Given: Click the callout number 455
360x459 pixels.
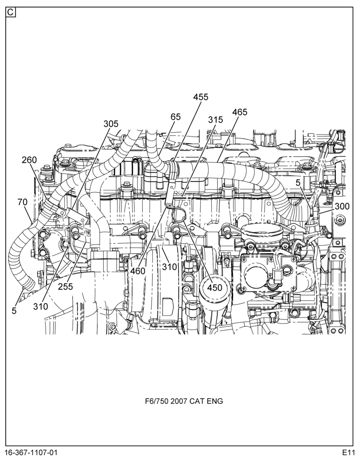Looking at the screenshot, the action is tap(201, 97).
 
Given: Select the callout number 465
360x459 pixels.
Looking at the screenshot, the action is tap(240, 112).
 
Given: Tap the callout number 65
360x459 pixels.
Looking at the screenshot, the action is tap(175, 117).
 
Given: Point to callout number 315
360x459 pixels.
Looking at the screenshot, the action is tap(216, 120).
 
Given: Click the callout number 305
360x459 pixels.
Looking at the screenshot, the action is tap(111, 124).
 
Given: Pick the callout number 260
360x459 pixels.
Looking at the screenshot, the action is tap(29, 160).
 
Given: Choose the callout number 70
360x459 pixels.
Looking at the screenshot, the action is tap(22, 202).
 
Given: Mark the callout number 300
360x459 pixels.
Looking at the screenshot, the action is tap(342, 207).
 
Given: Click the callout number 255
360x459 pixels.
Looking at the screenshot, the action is tap(65, 286).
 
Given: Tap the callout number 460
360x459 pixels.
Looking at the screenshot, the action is tap(138, 271).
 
